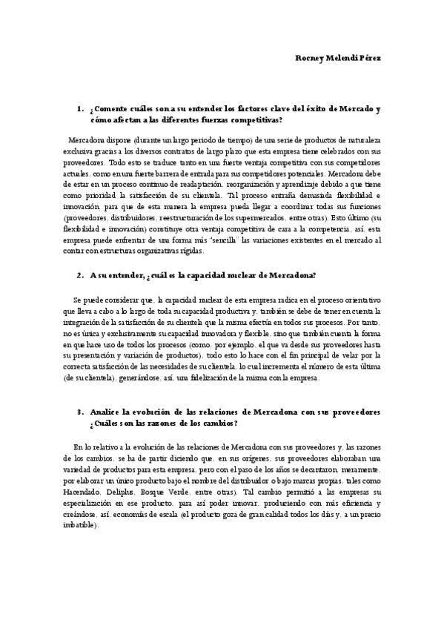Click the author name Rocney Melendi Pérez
pyautogui.click(x=339, y=59)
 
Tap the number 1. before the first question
pyautogui.click(x=80, y=109)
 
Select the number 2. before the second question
pyautogui.click(x=80, y=275)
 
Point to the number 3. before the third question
pyautogui.click(x=80, y=412)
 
